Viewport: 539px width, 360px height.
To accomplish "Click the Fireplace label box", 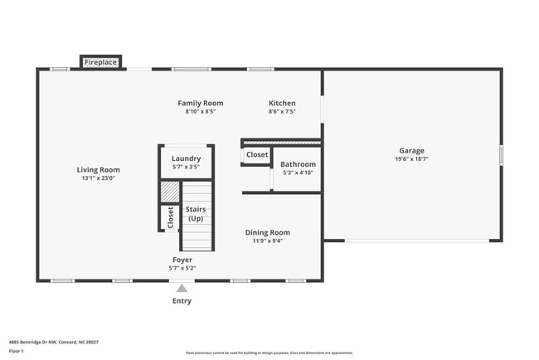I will [100, 62].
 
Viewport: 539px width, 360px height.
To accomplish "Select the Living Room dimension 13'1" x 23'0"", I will [99, 178].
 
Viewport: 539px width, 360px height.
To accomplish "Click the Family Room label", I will [201, 104].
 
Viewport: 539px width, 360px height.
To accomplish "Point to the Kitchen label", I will [282, 104].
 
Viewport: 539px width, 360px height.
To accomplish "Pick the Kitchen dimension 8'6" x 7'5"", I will [282, 112].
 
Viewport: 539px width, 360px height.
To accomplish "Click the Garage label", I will [411, 151].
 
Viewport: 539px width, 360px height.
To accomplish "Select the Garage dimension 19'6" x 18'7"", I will [411, 159].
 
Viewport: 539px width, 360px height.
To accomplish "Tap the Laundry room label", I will [186, 158].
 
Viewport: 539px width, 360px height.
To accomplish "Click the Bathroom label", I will [298, 164].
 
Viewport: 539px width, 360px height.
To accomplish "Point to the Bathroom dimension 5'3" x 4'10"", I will [298, 173].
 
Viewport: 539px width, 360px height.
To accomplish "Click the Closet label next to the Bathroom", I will [257, 154].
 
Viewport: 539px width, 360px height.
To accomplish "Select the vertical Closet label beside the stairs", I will [170, 217].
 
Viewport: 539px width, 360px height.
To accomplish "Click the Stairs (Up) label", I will [196, 214].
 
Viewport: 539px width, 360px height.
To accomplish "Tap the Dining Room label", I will [268, 233].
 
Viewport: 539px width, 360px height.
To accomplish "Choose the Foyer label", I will [182, 260].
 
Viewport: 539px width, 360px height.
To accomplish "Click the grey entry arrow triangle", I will [182, 288].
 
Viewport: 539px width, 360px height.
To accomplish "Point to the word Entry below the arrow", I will [182, 301].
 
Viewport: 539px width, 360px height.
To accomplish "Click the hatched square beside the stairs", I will [170, 192].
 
